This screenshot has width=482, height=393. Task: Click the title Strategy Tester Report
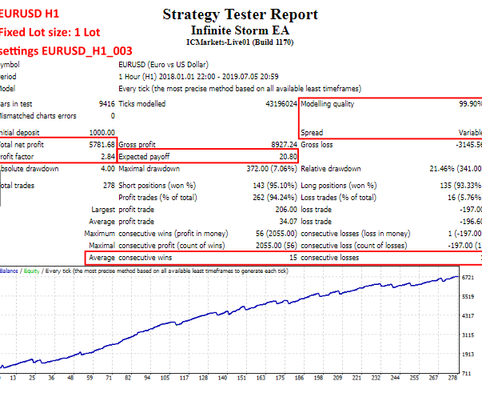pyautogui.click(x=240, y=14)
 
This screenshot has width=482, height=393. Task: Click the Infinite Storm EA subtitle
pyautogui.click(x=240, y=30)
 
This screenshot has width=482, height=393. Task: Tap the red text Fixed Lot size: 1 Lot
pyautogui.click(x=50, y=33)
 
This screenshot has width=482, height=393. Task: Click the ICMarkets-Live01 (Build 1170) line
pyautogui.click(x=240, y=42)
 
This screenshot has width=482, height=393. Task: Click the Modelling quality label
pyautogui.click(x=328, y=104)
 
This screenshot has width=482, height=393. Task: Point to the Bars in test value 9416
pyautogui.click(x=106, y=104)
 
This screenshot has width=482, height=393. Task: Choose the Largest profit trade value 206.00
pyautogui.click(x=285, y=208)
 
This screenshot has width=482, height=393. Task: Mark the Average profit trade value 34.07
pyautogui.click(x=286, y=220)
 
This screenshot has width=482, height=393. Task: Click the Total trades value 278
pyautogui.click(x=108, y=185)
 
